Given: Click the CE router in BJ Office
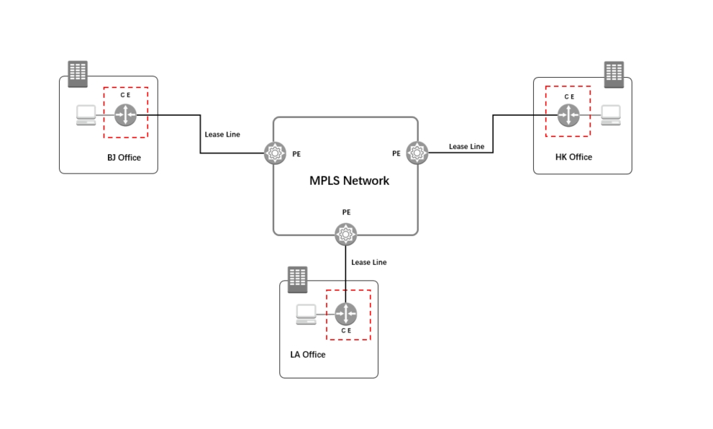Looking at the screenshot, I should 126,114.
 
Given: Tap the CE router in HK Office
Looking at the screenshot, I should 569,114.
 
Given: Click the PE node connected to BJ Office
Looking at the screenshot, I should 275,153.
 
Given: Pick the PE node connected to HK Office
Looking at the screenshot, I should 417,153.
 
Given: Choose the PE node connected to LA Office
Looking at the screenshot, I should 346,233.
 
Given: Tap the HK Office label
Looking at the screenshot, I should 573,157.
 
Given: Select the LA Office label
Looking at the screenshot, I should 307,355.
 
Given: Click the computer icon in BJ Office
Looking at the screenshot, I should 87,115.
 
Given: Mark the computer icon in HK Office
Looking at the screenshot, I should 611,114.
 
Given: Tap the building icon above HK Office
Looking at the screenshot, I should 614,73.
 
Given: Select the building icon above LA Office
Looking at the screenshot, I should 297,279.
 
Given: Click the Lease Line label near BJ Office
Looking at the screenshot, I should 222,135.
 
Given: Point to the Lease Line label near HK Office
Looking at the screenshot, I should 467,147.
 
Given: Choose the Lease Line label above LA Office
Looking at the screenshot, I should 369,263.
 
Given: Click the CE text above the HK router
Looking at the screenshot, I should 569,96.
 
